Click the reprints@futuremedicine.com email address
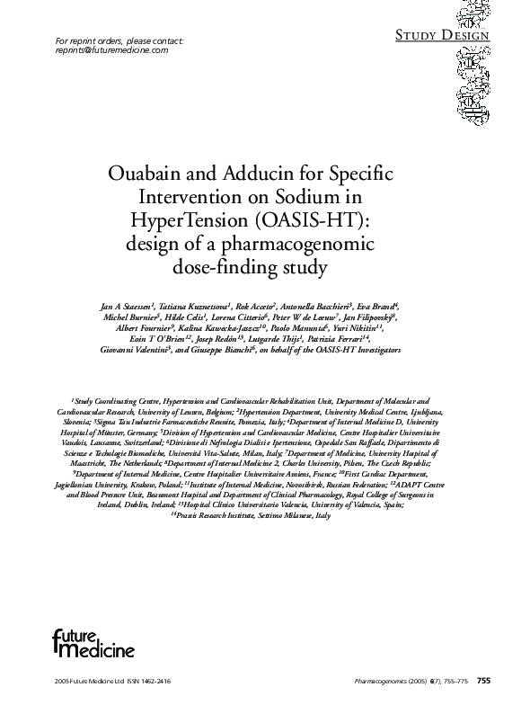111,51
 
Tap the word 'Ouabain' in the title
170,173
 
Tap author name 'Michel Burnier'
132,317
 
